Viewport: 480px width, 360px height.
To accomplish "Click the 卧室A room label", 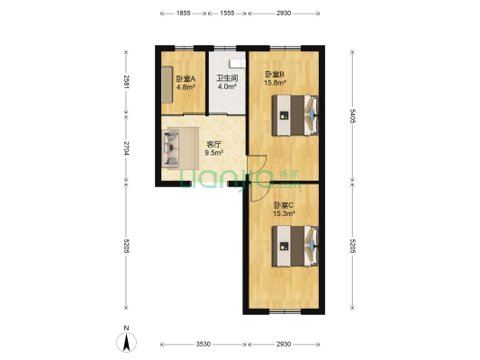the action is [x=186, y=79].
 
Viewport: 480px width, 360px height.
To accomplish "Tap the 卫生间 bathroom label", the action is [x=227, y=78].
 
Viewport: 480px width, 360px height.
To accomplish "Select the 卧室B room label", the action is [x=275, y=75].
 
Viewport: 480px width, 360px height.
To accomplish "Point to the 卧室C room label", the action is [x=284, y=205].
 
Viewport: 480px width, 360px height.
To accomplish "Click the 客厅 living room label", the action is [x=213, y=144].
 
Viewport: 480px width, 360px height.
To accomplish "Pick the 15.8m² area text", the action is [x=275, y=83].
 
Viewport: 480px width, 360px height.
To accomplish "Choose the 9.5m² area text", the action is [x=213, y=153].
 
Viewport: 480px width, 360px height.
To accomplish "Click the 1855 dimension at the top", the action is [x=184, y=13].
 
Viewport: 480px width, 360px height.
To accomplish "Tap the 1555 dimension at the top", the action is [x=227, y=13].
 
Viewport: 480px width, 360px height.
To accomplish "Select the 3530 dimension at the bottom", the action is [x=204, y=345].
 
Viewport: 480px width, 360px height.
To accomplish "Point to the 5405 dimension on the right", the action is [x=352, y=116].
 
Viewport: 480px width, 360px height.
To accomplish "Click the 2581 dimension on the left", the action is [x=126, y=82].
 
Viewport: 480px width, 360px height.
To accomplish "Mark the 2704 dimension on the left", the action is [x=126, y=148].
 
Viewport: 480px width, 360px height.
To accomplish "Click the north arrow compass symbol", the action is [x=126, y=340].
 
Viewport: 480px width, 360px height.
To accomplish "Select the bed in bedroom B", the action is [x=295, y=115].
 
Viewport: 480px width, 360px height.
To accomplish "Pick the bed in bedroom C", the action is [x=295, y=247].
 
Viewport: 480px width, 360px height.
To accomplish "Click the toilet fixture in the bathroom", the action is [x=237, y=63].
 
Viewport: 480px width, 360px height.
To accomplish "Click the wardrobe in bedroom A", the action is [x=167, y=85].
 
